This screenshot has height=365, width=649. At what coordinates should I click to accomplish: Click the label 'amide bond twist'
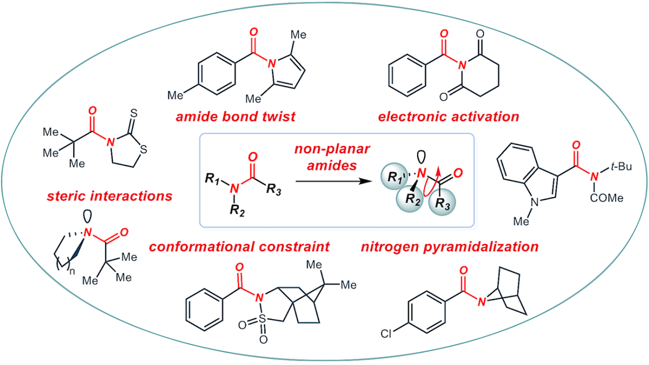[x=236, y=116]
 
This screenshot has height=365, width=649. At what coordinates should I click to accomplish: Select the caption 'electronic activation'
[x=448, y=116]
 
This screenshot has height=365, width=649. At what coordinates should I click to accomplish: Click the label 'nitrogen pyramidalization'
[x=449, y=246]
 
